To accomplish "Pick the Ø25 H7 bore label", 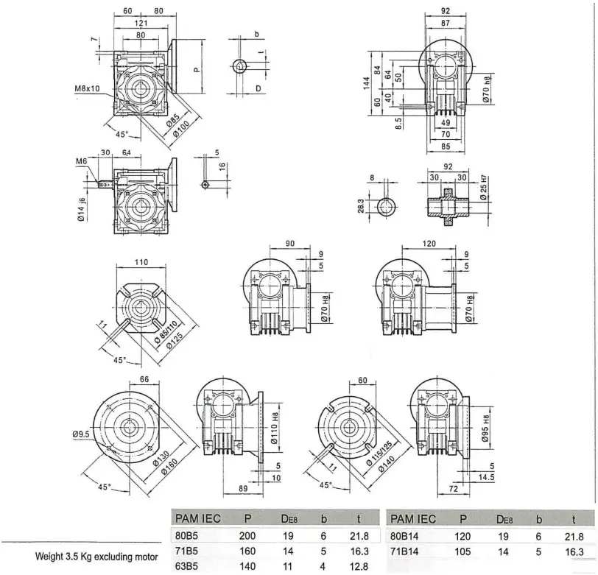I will click(484, 188).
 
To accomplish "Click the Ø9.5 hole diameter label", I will click(82, 435).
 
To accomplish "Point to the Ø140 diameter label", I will click(387, 465).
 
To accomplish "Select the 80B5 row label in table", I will click(184, 536).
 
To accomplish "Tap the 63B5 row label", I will click(184, 565).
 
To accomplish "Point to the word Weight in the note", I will click(51, 551).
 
